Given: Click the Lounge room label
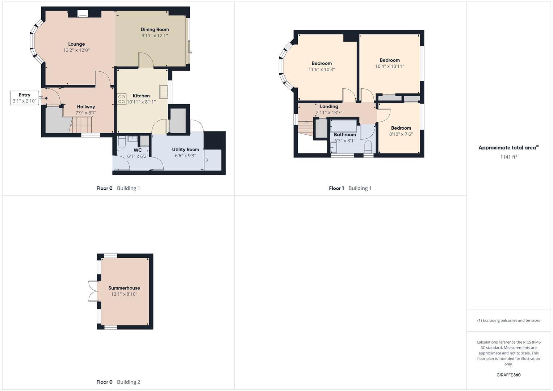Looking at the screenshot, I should pyautogui.click(x=76, y=44).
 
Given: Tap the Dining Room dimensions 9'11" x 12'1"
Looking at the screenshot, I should pyautogui.click(x=155, y=35).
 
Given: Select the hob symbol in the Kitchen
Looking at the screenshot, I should pyautogui.click(x=122, y=99).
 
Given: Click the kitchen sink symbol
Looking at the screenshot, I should pyautogui.click(x=164, y=92).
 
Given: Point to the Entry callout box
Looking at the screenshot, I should pyautogui.click(x=25, y=98).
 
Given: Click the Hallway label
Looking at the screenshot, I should pyautogui.click(x=86, y=107).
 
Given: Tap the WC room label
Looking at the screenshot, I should pyautogui.click(x=138, y=150).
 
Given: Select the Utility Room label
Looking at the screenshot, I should pyautogui.click(x=185, y=150).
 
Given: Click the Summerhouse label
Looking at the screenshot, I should pyautogui.click(x=124, y=288).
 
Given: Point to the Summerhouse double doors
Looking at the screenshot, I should pyautogui.click(x=93, y=291).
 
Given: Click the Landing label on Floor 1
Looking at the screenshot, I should pyautogui.click(x=329, y=106).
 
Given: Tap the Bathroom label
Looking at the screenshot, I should pyautogui.click(x=345, y=135).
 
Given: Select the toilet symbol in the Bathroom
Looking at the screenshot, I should pyautogui.click(x=368, y=148).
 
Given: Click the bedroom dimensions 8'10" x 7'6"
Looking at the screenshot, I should pyautogui.click(x=401, y=134).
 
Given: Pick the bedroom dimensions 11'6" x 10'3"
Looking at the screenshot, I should pyautogui.click(x=322, y=70).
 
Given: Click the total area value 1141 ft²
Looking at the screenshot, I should pyautogui.click(x=508, y=157).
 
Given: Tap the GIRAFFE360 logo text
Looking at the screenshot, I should pyautogui.click(x=508, y=375).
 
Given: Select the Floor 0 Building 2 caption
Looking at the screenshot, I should pyautogui.click(x=118, y=382).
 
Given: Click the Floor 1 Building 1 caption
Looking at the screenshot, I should pyautogui.click(x=350, y=188).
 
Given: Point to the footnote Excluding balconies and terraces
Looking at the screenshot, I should pyautogui.click(x=508, y=320).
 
